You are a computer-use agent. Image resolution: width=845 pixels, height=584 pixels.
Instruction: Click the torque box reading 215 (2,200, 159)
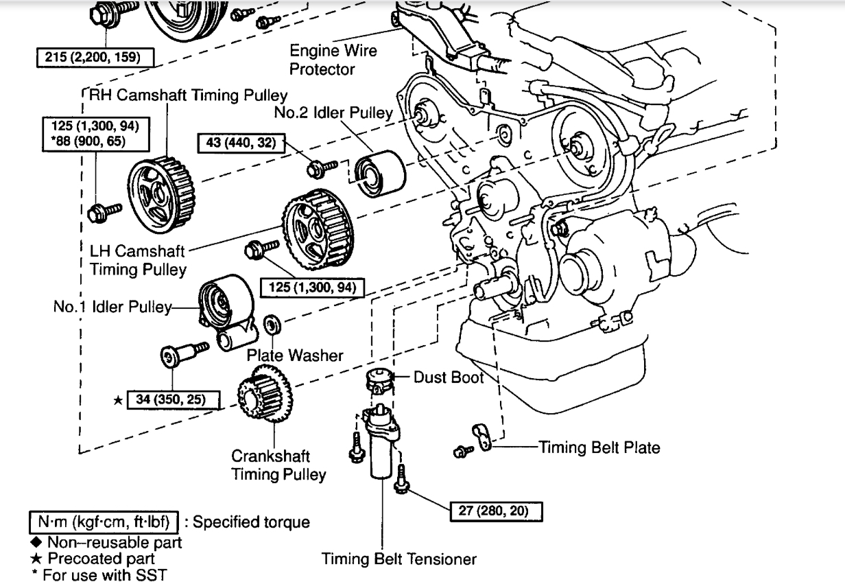[x=93, y=57]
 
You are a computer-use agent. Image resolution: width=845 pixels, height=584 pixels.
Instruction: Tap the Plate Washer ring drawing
[x=272, y=322]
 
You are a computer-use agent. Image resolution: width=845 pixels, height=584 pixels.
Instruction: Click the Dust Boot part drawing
[x=379, y=380]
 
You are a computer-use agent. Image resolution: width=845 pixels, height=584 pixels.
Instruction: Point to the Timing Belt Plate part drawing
[x=484, y=437]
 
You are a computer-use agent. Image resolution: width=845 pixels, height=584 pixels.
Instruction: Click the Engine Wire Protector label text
[x=333, y=60]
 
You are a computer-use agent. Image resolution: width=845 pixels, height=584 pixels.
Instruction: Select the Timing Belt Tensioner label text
[x=398, y=559]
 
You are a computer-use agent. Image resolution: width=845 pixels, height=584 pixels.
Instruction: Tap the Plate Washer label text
[x=295, y=355]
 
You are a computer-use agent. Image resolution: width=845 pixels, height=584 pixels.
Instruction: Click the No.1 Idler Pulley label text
[x=112, y=307]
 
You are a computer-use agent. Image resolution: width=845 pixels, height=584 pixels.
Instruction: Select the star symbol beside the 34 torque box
[x=117, y=399]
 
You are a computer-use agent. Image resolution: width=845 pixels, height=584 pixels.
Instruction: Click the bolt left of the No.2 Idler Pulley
[x=320, y=165]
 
